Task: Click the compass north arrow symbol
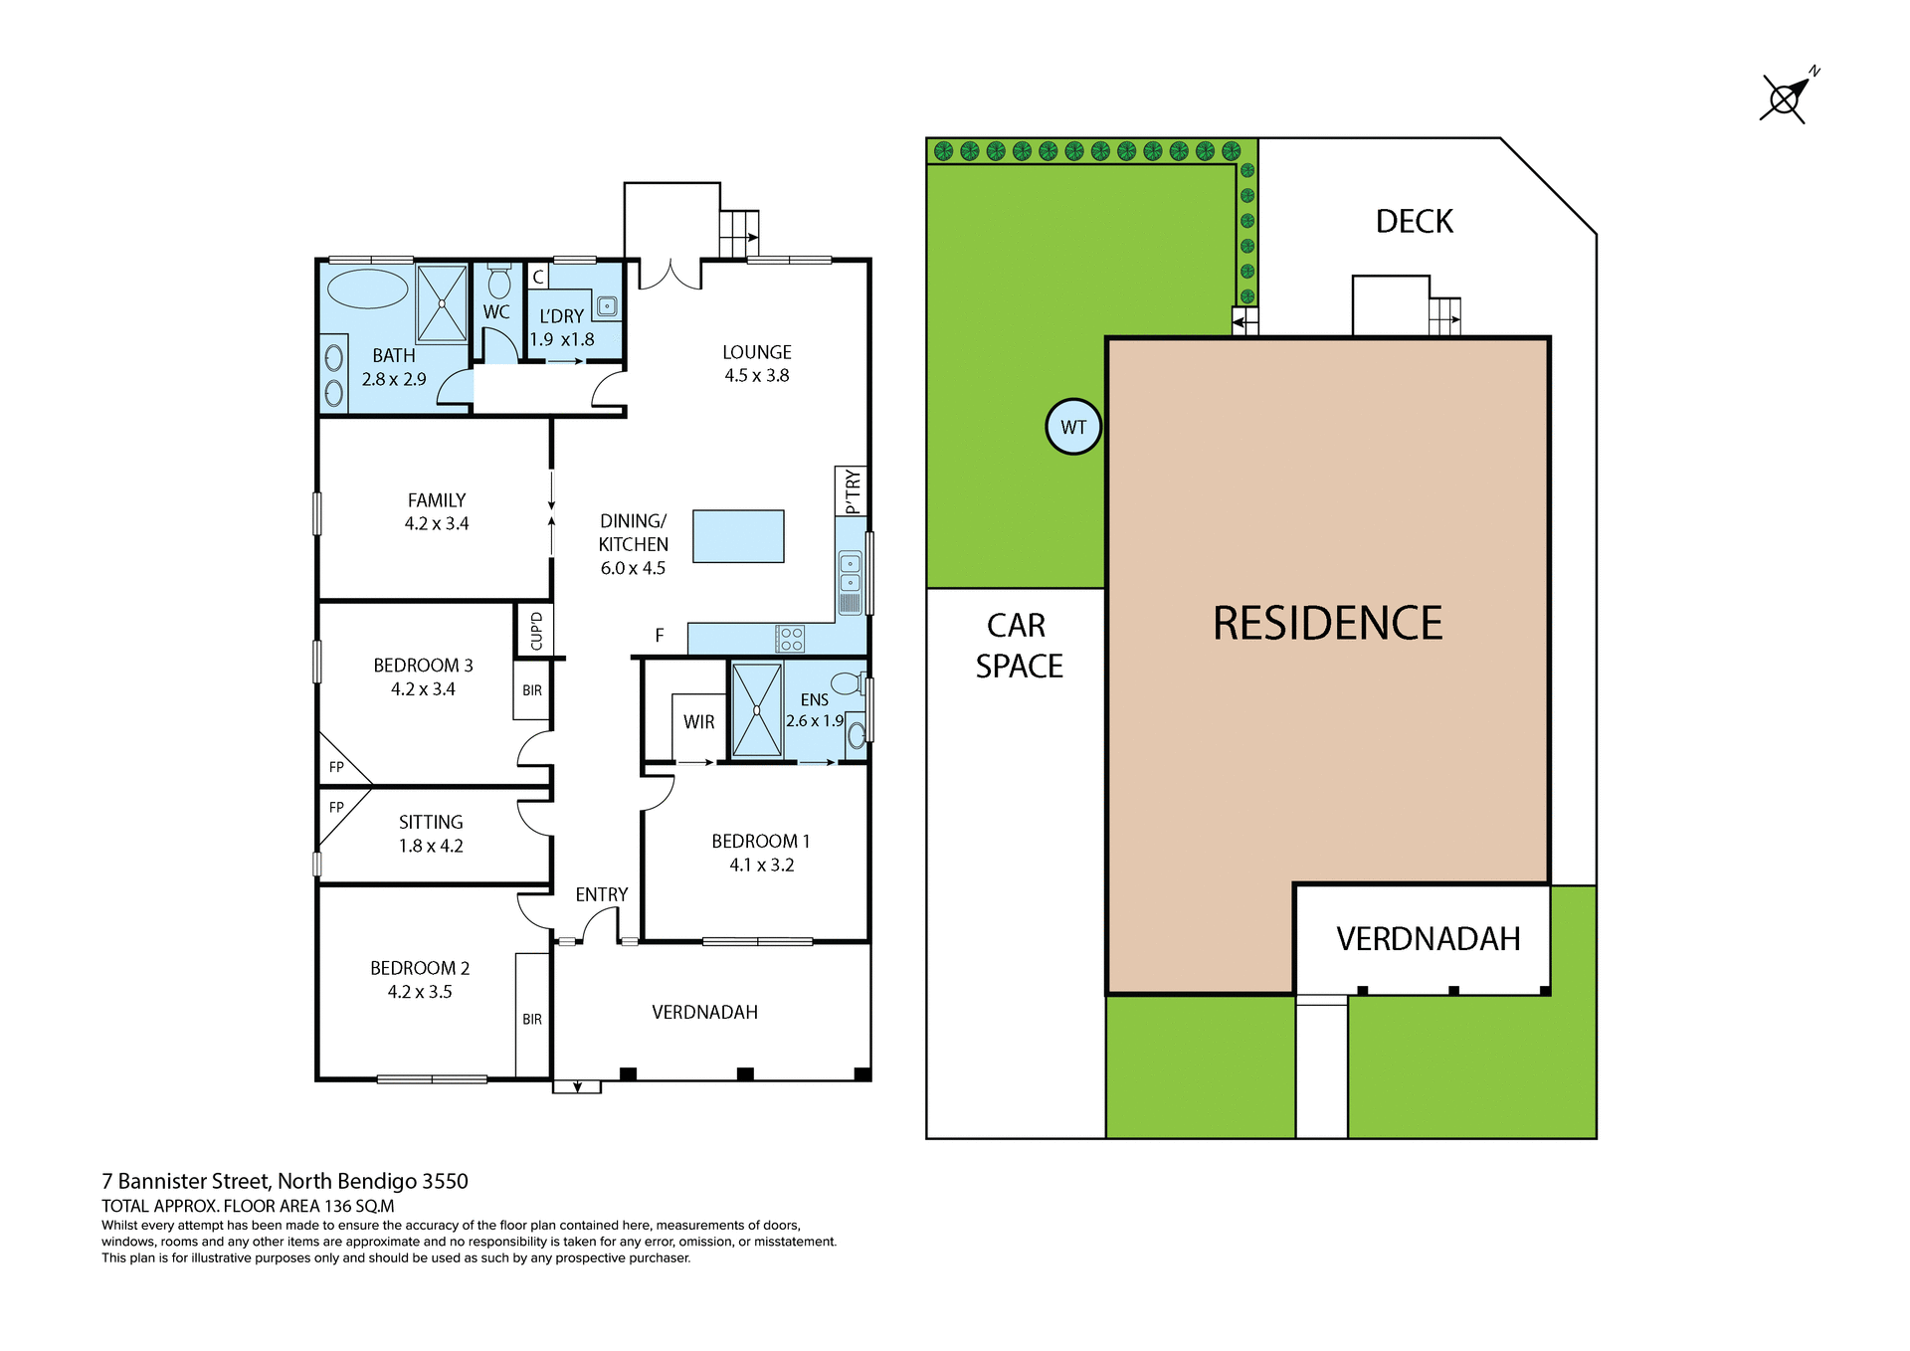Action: tap(1787, 97)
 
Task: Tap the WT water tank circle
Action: tap(1073, 427)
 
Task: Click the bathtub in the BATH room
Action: tap(367, 289)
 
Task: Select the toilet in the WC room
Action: tap(499, 283)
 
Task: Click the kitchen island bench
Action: tap(738, 536)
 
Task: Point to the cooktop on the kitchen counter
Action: tap(790, 639)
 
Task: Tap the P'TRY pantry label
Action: tap(852, 491)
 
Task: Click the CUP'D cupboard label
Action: tap(536, 631)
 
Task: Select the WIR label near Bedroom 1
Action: tap(698, 722)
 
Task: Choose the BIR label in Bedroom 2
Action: tap(532, 1019)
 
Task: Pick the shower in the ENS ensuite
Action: tap(757, 710)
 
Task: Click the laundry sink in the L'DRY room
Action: tap(607, 306)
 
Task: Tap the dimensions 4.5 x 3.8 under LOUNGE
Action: tap(756, 376)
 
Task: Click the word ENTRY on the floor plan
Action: tap(601, 894)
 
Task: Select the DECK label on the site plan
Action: tap(1414, 221)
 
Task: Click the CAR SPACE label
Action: tap(1019, 646)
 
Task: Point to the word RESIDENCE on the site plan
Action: tap(1327, 624)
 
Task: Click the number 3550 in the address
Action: tap(445, 1181)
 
